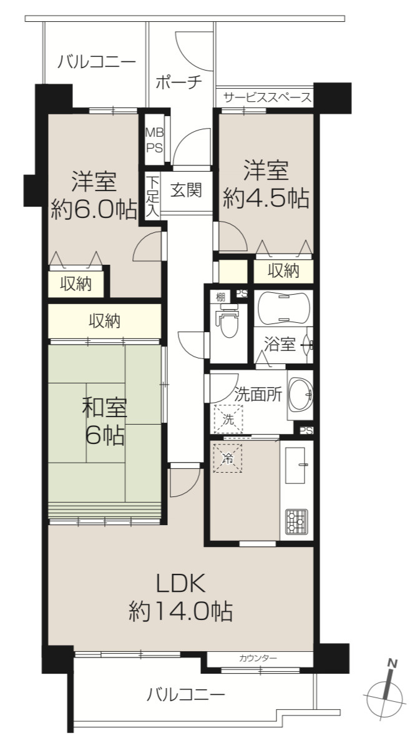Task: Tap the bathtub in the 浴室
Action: pos(283,308)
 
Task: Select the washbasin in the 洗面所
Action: pos(300,394)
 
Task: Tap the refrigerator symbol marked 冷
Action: pos(227,458)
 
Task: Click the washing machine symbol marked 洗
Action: pos(228,419)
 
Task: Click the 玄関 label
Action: pos(186,190)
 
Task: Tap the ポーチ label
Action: pos(178,82)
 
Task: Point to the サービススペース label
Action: pos(267,97)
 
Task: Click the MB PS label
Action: pos(154,140)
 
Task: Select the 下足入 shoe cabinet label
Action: pos(152,196)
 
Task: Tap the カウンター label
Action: pos(258,658)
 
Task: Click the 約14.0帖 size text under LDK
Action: pos(180,612)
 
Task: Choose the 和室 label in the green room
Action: pos(105,408)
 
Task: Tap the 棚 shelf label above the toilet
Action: pos(220,297)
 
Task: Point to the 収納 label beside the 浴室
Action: pos(283,271)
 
